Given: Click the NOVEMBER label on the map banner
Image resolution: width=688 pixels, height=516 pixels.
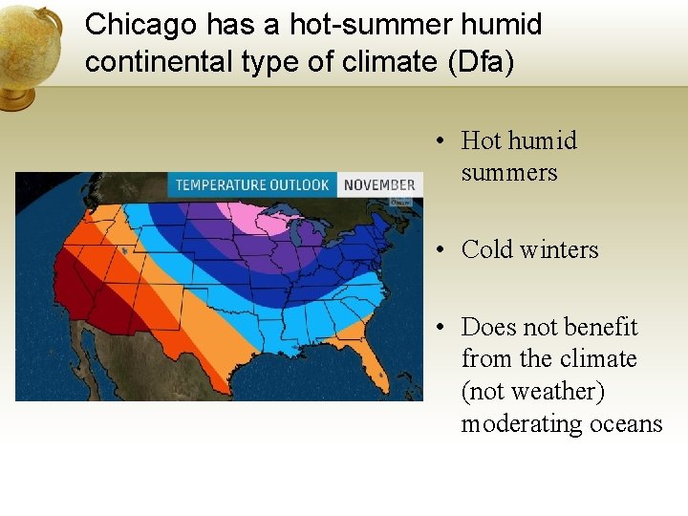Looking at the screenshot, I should point(379,184).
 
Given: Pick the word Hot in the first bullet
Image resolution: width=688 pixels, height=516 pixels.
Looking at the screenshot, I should point(481,140).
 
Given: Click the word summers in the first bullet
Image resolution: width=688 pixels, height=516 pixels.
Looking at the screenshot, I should point(508,173).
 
